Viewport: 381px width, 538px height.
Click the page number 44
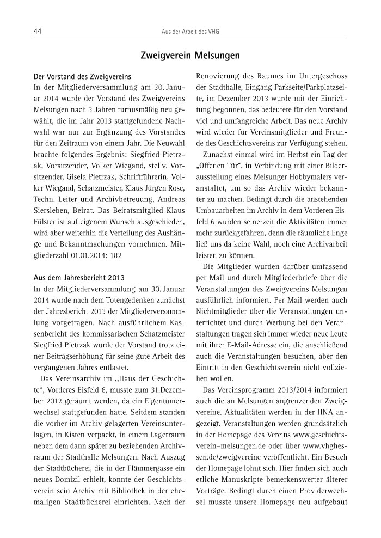point(38,32)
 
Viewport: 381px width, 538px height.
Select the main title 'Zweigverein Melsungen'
point(190,56)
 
